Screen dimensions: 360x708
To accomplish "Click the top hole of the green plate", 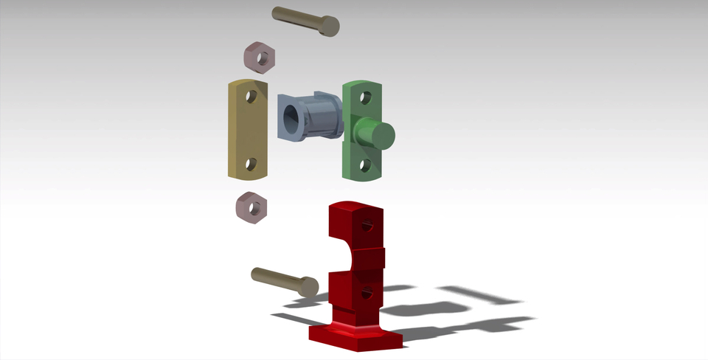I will (x=364, y=97).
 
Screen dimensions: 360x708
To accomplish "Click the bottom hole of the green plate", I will (x=364, y=165).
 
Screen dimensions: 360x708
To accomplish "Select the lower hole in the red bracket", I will (x=366, y=296).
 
